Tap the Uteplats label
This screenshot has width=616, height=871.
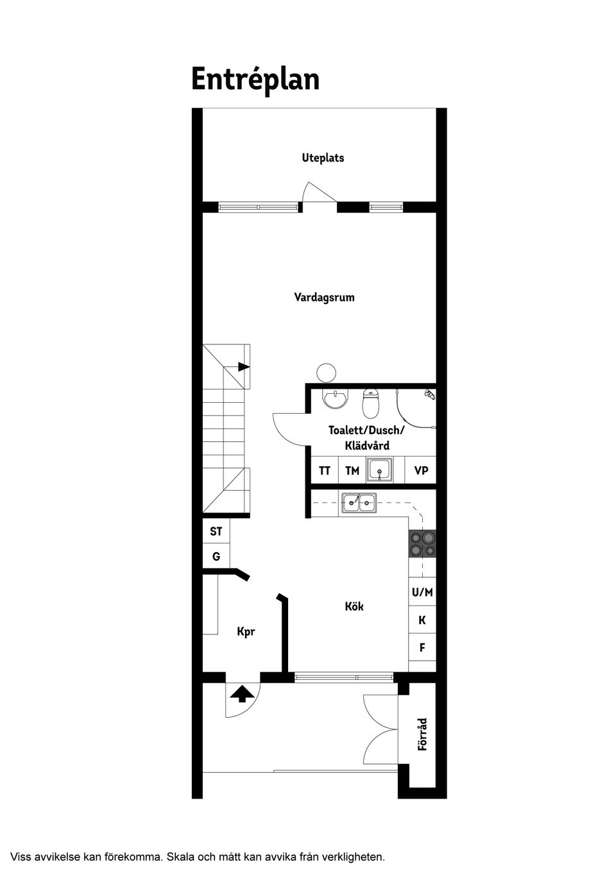pos(323,158)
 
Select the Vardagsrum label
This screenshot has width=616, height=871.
pos(324,298)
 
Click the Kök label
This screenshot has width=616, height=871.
pos(354,606)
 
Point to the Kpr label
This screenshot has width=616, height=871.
pos(246,632)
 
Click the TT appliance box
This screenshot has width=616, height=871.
pos(325,471)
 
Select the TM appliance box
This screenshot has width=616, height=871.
pos(352,471)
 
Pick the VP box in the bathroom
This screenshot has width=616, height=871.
pos(420,471)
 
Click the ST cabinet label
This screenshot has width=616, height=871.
pos(216,532)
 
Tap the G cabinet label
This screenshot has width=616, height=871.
pos(216,557)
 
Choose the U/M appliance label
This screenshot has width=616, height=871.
pos(422,592)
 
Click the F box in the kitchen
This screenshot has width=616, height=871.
pos(422,647)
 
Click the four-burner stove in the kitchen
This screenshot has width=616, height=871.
pos(422,544)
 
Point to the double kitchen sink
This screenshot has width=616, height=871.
pos(359,503)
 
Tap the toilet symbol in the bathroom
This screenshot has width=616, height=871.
pos(370,403)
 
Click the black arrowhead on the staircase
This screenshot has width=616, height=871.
pos(244,366)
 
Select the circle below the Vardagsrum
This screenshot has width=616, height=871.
pos(326,373)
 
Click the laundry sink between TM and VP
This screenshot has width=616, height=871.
pos(380,470)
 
